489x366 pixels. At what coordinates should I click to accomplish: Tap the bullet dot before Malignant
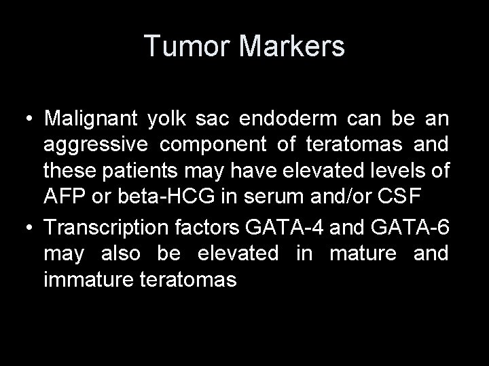click(x=27, y=119)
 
